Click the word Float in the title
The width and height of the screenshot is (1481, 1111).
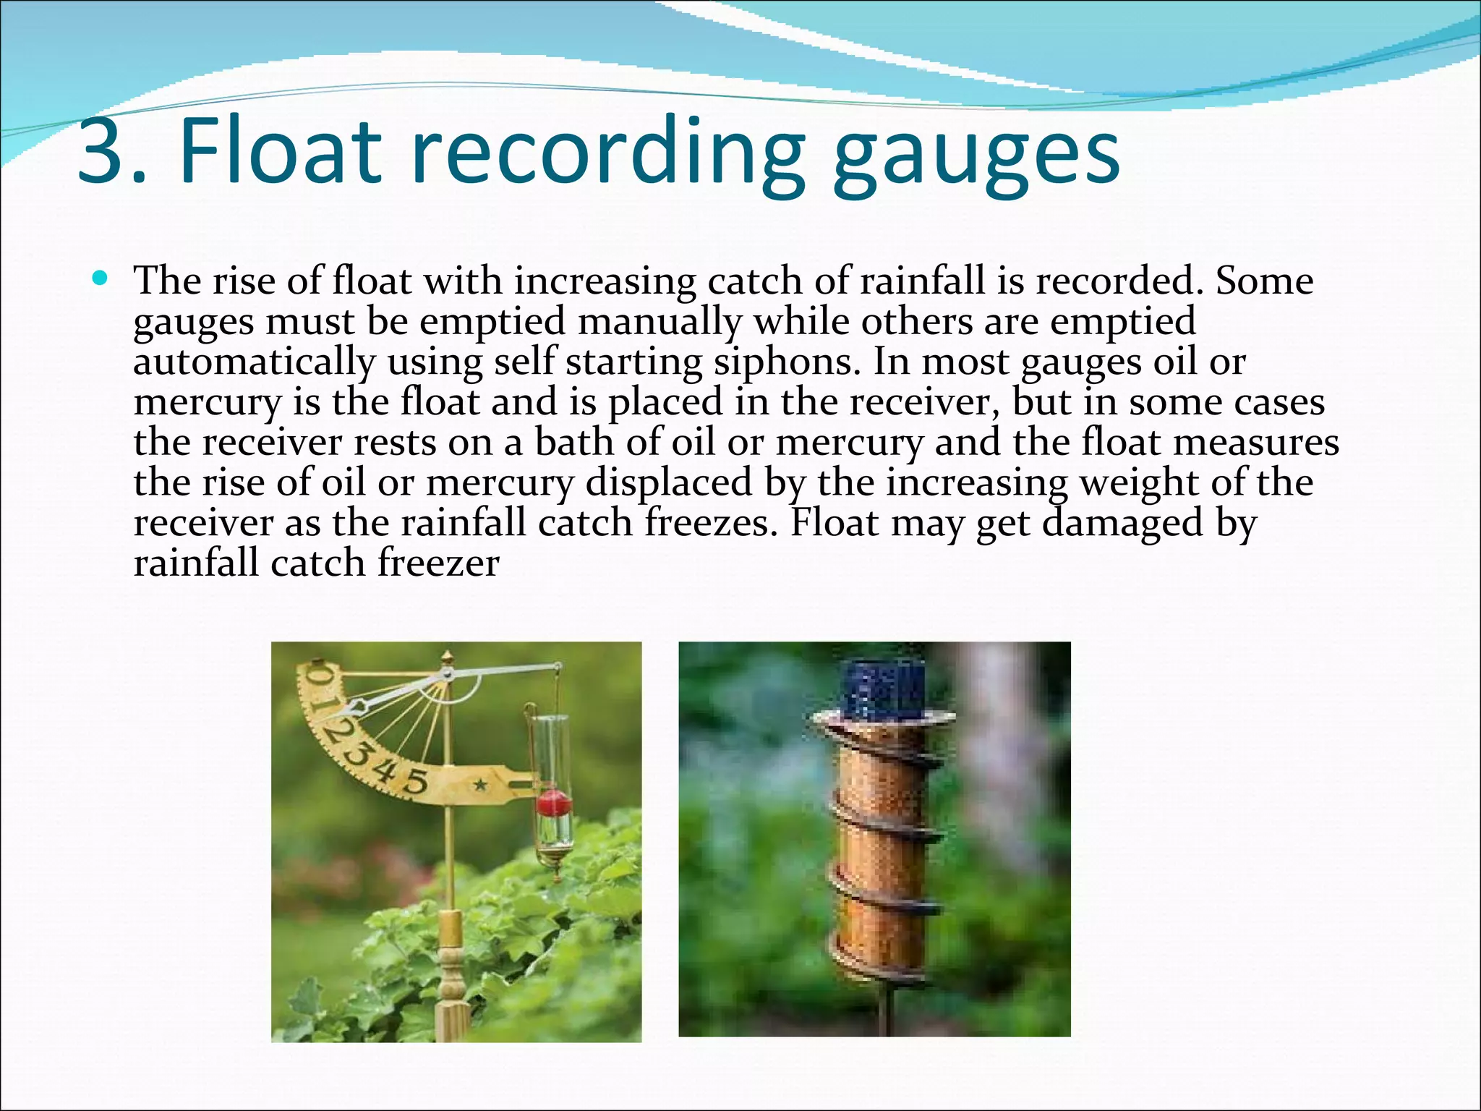coord(279,152)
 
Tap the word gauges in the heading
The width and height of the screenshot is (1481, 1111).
coord(976,156)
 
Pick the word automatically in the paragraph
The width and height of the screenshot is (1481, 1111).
coord(254,362)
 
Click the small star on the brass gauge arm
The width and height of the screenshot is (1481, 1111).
coord(479,783)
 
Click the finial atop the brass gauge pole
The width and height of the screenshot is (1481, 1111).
coord(448,657)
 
